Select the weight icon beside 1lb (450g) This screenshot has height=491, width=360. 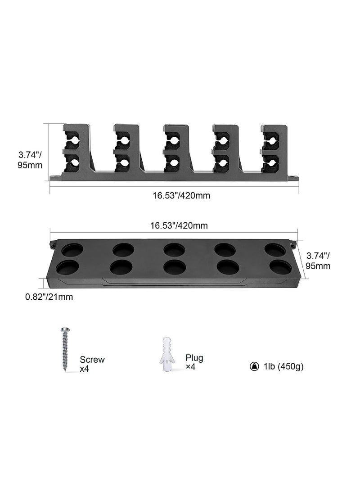point(253,366)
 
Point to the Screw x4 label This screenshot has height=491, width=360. point(92,364)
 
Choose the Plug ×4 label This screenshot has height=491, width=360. point(194,362)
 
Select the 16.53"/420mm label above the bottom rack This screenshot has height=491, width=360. point(180,225)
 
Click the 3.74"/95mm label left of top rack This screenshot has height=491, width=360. point(31,159)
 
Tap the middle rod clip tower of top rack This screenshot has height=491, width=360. point(175,149)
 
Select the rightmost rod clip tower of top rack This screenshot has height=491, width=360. point(274,149)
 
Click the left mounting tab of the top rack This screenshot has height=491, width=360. point(55,177)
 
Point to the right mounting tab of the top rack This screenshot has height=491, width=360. point(293,177)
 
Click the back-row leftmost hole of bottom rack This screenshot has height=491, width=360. point(72,250)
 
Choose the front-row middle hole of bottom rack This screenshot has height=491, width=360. point(175,267)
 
